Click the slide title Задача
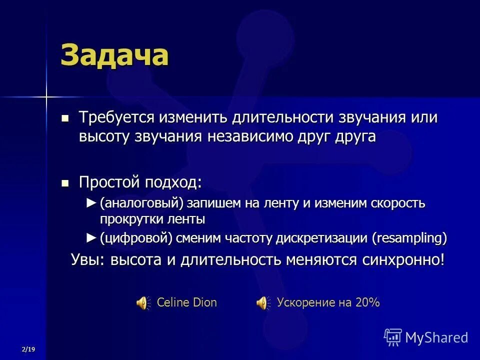click(114, 55)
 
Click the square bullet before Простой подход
click(64, 183)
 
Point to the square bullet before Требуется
click(64, 119)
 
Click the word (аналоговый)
click(141, 204)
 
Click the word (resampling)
click(409, 238)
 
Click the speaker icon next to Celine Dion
click(142, 302)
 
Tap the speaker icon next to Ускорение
click(261, 302)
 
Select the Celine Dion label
click(186, 302)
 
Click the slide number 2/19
click(28, 348)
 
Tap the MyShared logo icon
click(392, 337)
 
